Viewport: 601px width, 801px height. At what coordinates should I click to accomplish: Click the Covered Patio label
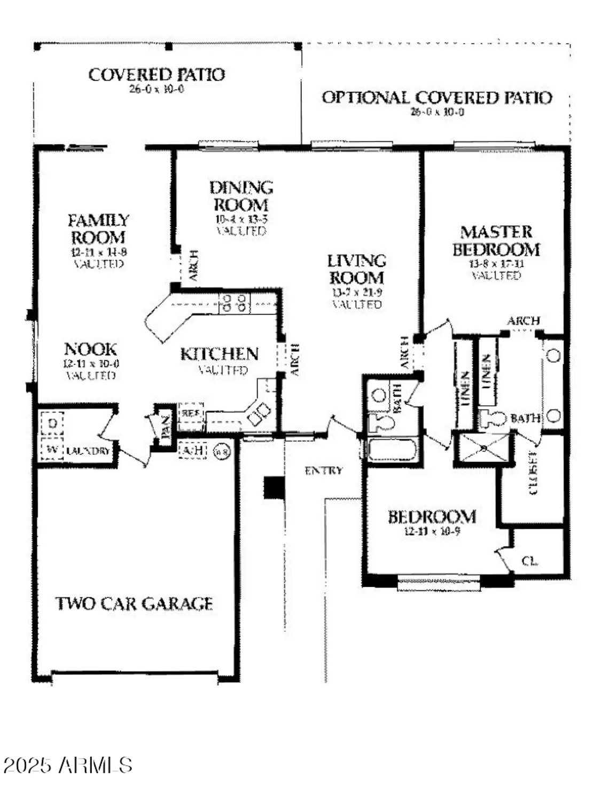[x=157, y=75]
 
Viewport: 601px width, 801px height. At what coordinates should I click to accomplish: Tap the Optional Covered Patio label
[x=436, y=98]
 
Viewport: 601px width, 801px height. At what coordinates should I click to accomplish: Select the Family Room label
[x=98, y=229]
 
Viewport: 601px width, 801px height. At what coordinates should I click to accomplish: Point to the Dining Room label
[x=241, y=196]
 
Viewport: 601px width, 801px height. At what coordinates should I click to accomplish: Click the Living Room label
[x=356, y=269]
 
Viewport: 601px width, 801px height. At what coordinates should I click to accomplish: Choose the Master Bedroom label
[x=496, y=241]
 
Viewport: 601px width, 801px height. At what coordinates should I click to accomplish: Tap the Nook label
[x=90, y=349]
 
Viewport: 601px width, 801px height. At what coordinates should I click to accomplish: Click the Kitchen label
[x=219, y=354]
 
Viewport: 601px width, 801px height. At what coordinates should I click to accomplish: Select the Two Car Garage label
[x=134, y=604]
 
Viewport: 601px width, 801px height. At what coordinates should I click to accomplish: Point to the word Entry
[x=323, y=470]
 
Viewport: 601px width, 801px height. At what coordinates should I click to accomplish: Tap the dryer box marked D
[x=52, y=423]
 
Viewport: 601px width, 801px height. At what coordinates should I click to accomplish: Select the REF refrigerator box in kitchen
[x=191, y=413]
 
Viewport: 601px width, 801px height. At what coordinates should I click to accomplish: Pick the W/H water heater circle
[x=222, y=452]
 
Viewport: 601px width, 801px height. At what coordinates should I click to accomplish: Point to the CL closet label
[x=530, y=561]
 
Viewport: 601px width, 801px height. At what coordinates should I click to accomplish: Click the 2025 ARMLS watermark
[x=68, y=765]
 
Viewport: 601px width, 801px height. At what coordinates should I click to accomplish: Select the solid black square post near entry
[x=274, y=488]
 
